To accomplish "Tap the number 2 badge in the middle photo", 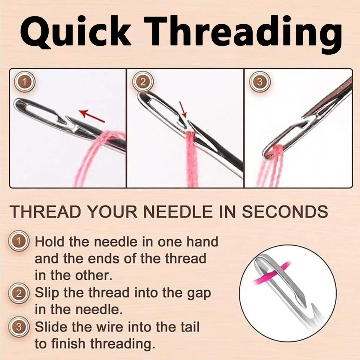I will coord(143,82).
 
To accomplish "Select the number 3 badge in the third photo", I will coord(260,82).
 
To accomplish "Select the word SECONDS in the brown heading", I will coord(285,212).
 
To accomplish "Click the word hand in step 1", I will coord(202,241).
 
